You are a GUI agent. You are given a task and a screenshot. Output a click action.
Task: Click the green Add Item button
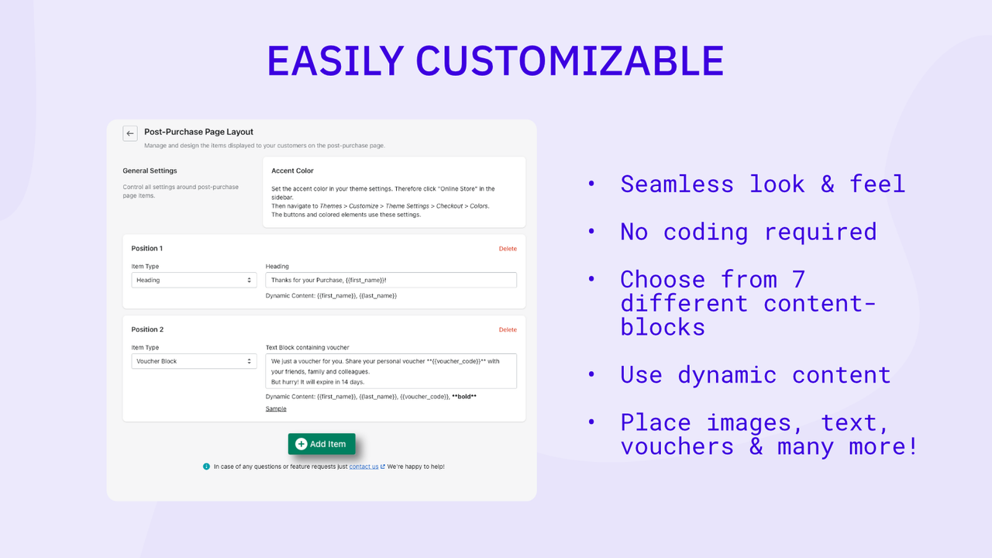coord(322,444)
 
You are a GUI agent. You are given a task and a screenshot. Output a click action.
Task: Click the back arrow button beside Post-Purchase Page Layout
coord(130,133)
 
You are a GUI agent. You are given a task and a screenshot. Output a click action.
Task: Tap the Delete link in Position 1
coord(508,249)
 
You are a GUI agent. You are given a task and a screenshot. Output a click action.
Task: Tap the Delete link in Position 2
coord(508,330)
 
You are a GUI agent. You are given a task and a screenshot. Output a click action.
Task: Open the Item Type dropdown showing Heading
coord(194,281)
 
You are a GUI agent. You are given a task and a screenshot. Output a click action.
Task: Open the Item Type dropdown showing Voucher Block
coord(194,362)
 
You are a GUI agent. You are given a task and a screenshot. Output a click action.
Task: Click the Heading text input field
coord(391,281)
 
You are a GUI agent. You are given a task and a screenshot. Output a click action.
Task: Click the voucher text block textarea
coord(391,371)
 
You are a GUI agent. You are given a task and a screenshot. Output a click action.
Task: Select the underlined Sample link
coord(276,408)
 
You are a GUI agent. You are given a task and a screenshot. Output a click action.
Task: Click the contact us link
coord(363,467)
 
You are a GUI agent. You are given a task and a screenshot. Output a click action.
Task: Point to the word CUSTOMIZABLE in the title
coord(570,61)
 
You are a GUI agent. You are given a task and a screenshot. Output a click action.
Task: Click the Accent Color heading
coord(292,170)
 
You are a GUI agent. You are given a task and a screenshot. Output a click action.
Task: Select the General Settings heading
coord(150,170)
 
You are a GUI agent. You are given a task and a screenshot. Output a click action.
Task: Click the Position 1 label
coord(147,249)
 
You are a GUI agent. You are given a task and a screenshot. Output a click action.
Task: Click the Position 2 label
coord(147,330)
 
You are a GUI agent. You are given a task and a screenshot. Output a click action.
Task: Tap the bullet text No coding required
coord(748,232)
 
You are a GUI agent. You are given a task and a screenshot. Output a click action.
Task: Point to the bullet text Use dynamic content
coord(755,375)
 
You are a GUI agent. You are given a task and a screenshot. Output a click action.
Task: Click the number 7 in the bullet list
coord(797,279)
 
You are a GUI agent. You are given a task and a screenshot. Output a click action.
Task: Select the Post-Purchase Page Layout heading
coord(198,132)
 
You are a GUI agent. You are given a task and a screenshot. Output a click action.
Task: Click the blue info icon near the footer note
coord(206,467)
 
